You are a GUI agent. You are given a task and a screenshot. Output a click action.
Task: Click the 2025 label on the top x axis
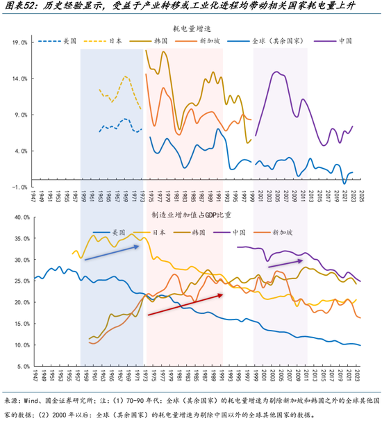(x=361, y=196)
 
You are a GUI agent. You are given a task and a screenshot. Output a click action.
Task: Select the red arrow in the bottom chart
(x=184, y=304)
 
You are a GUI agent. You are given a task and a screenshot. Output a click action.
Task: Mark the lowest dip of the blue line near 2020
(x=345, y=183)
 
